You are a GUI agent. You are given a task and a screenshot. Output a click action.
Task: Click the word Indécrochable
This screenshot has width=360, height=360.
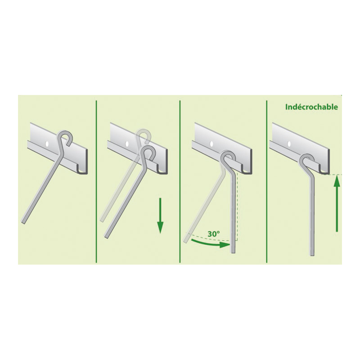[x=311, y=107]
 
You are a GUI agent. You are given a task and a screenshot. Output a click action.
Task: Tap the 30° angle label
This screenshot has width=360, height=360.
[x=214, y=234]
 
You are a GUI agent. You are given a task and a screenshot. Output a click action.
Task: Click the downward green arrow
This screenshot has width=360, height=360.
[x=160, y=216]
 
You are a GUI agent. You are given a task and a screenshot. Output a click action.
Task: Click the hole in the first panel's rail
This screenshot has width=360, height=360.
[x=47, y=144]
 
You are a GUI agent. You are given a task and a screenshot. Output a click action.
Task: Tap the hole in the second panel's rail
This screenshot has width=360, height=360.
[x=126, y=144]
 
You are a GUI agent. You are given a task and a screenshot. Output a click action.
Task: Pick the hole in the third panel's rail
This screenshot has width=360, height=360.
[x=211, y=144]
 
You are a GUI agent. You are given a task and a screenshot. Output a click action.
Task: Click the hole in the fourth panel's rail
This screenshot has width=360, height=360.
[x=288, y=144]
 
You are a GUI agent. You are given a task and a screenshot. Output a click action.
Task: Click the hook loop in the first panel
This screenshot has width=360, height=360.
[x=64, y=132]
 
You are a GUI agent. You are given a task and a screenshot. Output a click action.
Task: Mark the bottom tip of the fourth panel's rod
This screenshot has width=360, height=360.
[x=312, y=254]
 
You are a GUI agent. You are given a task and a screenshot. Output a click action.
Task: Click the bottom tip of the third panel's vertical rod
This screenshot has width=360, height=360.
[x=233, y=252]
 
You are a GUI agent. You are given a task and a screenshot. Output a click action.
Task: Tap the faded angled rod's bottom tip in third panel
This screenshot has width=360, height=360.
[x=186, y=241]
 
